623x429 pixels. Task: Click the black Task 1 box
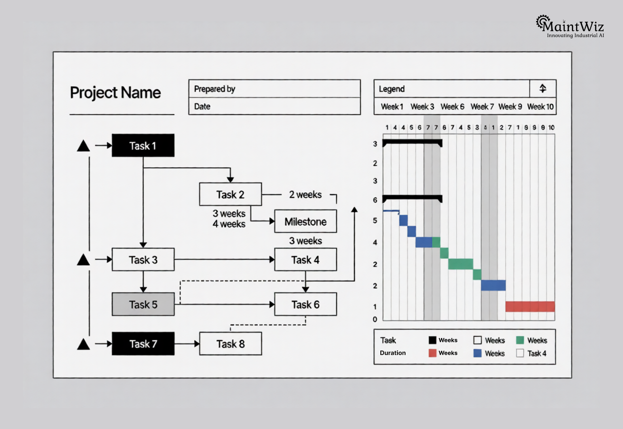point(143,146)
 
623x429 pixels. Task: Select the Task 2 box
point(230,194)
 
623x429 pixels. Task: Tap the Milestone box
point(305,221)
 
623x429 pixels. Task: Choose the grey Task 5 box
point(143,304)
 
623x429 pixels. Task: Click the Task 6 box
point(305,304)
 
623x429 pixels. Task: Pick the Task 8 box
point(230,344)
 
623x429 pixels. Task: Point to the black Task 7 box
point(143,344)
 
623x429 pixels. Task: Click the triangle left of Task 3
point(84,260)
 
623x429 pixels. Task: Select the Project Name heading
point(115,92)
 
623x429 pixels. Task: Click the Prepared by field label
point(215,89)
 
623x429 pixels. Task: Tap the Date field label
point(202,107)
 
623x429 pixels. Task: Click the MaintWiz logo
point(570,26)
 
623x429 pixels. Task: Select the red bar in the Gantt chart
point(530,307)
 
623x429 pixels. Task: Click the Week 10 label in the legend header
point(540,107)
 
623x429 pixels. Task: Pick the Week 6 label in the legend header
point(452,107)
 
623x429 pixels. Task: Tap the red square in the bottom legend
point(432,353)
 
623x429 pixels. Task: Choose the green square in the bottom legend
point(519,340)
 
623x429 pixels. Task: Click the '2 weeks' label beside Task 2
point(305,195)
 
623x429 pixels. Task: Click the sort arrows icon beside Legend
point(543,89)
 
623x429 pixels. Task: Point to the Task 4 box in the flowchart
point(305,260)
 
